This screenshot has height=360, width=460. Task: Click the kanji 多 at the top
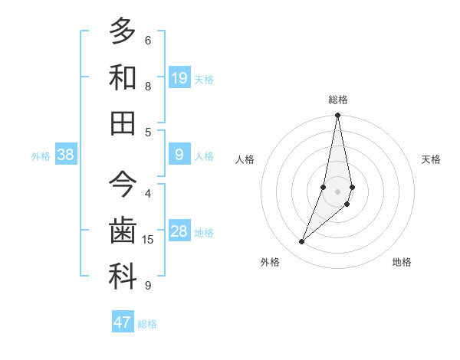[x=123, y=32]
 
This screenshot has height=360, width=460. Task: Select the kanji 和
[x=123, y=77]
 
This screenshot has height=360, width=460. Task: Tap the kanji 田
[x=123, y=123]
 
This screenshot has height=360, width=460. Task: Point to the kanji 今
[x=123, y=186]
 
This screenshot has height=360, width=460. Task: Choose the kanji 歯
[x=123, y=231]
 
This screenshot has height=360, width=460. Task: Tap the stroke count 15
[x=148, y=240]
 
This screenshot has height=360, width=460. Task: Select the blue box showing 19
[x=179, y=77]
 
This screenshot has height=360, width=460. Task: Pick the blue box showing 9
[x=179, y=155]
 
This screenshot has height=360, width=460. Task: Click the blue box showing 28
[x=179, y=231]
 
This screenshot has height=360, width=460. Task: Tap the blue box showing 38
[x=66, y=155]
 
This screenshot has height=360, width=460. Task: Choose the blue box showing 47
[x=123, y=322]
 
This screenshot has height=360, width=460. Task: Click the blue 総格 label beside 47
[x=148, y=324]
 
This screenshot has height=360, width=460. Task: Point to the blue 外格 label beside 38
[x=41, y=156]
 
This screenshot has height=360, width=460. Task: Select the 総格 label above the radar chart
[x=338, y=100]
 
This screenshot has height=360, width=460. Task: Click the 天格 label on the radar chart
[x=432, y=159]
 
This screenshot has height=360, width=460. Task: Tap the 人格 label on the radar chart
[x=245, y=159]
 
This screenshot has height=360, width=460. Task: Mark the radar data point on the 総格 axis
[x=337, y=116]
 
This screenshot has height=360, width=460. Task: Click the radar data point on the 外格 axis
[x=301, y=242]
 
